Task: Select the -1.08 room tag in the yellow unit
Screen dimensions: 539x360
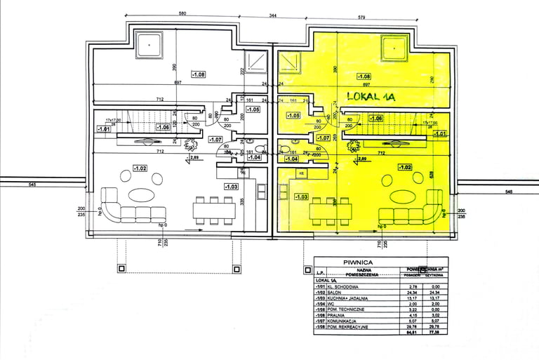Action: pos(364,76)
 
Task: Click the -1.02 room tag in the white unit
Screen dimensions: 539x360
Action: pos(140,168)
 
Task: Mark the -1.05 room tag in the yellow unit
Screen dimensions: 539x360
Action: pos(293,116)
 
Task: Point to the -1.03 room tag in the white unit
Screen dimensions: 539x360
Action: pos(231,186)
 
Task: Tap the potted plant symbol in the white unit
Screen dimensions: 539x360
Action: pos(189,145)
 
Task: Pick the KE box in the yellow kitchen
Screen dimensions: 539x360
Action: pos(302,172)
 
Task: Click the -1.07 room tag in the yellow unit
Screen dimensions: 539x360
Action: pos(323,138)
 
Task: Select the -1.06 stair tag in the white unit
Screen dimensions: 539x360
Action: pos(163,127)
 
